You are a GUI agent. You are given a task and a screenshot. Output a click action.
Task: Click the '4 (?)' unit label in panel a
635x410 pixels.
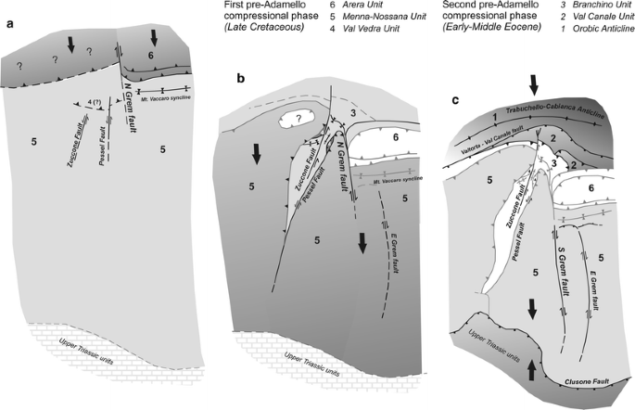tap(90, 111)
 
